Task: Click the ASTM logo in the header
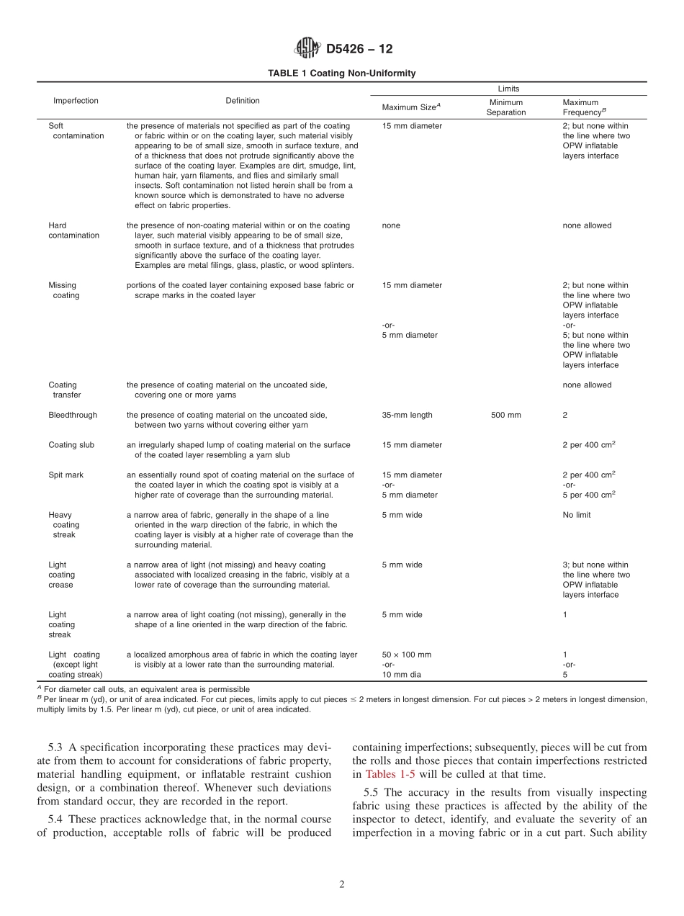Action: click(x=308, y=49)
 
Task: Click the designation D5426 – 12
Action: click(x=359, y=50)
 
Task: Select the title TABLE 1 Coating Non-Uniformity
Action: click(x=341, y=73)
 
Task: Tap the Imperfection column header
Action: click(x=76, y=101)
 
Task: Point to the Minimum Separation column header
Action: click(x=506, y=107)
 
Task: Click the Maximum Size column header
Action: click(x=410, y=107)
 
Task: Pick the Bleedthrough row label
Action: click(x=73, y=415)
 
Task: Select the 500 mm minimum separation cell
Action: click(x=506, y=415)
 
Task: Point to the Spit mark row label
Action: click(x=66, y=475)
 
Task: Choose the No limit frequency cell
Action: click(x=577, y=515)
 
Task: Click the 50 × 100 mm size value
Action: click(x=406, y=655)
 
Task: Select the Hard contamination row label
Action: click(x=73, y=230)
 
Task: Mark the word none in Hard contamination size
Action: click(x=391, y=225)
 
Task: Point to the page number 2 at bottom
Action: click(x=342, y=885)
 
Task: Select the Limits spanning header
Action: click(x=508, y=89)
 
